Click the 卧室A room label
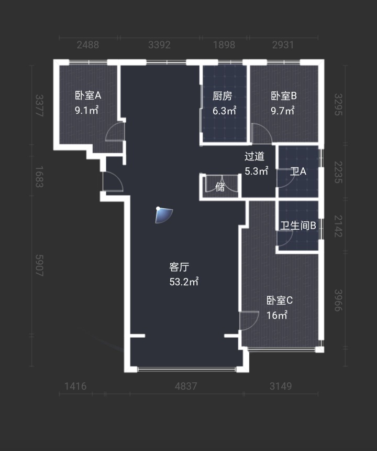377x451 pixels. (88, 95)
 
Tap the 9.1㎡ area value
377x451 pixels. (87, 110)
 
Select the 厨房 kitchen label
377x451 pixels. (222, 96)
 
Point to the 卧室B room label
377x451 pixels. (284, 96)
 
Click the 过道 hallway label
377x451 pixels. (254, 156)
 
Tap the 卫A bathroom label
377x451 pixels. (298, 171)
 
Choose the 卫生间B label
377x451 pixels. (298, 225)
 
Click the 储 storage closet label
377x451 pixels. (220, 187)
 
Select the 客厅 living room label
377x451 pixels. (179, 267)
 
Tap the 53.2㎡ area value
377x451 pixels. (184, 282)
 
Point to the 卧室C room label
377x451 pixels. (280, 300)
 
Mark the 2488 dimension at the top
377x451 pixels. (88, 45)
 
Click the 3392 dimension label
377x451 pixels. (159, 45)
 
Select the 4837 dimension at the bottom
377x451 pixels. (186, 386)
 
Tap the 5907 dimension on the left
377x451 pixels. (39, 265)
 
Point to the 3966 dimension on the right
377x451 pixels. (338, 300)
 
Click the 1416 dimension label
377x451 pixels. (75, 386)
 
